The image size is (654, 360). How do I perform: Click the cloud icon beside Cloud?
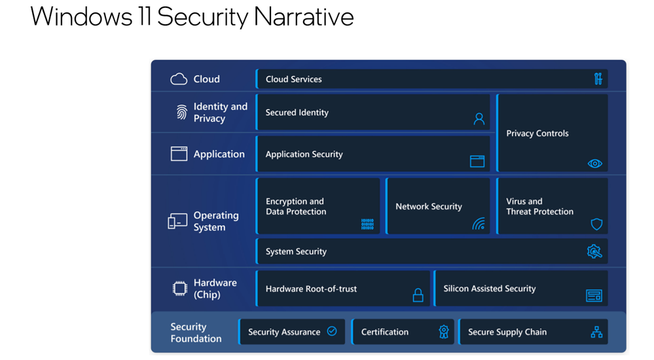point(179,79)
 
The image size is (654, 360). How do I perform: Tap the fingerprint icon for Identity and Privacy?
point(181,112)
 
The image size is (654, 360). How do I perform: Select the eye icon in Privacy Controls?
point(595,164)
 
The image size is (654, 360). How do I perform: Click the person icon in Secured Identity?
point(479,119)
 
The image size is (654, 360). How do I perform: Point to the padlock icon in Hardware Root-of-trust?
point(418,295)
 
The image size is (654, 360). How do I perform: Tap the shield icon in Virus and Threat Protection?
point(597,224)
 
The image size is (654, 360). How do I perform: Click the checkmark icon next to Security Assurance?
point(332,331)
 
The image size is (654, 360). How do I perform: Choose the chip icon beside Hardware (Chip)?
point(180,288)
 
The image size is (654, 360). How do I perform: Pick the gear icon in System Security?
point(594,251)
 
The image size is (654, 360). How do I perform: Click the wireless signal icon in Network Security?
point(479,224)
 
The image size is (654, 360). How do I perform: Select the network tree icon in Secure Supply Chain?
point(596,332)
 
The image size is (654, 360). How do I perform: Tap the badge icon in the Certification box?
point(444,332)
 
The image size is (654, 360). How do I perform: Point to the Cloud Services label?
point(294,79)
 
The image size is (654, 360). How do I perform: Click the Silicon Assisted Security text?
point(489,289)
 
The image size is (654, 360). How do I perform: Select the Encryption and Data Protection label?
point(296,206)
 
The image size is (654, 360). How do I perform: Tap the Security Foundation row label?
point(196,333)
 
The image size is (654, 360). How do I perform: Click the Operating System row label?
point(216,221)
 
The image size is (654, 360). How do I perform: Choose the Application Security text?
point(304,154)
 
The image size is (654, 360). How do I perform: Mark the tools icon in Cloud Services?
point(598,79)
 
